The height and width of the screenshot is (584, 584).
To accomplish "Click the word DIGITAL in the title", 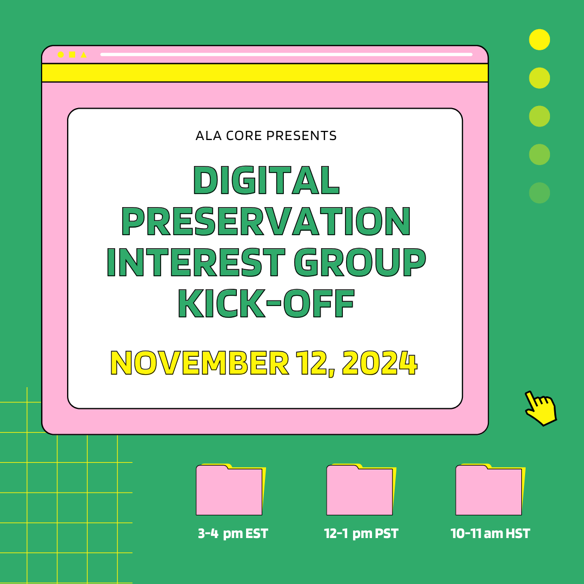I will (x=266, y=180).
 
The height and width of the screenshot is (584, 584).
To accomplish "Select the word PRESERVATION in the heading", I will (x=266, y=221).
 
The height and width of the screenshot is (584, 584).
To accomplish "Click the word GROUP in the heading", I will (x=360, y=262).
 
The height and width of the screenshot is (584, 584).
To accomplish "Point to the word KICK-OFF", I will (x=266, y=303).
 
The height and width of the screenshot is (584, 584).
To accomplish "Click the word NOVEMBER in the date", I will (x=200, y=363).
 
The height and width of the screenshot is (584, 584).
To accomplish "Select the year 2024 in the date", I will (x=380, y=363).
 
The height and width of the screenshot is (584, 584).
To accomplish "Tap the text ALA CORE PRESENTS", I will (x=266, y=136).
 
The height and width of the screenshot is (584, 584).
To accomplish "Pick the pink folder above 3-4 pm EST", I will (x=229, y=490).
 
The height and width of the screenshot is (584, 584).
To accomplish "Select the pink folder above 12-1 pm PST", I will (x=360, y=490).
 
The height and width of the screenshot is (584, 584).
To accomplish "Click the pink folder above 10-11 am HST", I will (x=489, y=490).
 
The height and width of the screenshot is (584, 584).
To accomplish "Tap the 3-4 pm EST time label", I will (x=233, y=534).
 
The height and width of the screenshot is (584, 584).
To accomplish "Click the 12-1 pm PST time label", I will (x=361, y=534).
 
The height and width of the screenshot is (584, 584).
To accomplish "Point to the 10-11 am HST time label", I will (x=490, y=534).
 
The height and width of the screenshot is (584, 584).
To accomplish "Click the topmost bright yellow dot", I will (x=539, y=39).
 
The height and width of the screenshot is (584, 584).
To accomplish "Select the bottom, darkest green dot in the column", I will (x=539, y=193).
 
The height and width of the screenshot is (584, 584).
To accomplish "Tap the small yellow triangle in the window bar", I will (x=83, y=55).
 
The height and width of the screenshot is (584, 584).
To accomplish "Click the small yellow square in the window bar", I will (x=72, y=55).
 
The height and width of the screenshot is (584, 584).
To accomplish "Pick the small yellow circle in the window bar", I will (x=61, y=55).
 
